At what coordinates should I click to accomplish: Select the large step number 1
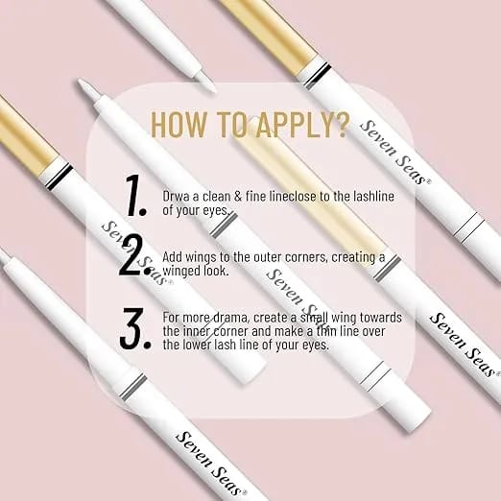(x=135, y=196)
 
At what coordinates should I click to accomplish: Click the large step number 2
(x=133, y=256)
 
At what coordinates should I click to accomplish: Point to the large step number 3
(x=135, y=328)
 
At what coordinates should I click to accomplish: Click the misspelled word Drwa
(x=176, y=197)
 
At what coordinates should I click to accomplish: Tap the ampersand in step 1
(x=238, y=197)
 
